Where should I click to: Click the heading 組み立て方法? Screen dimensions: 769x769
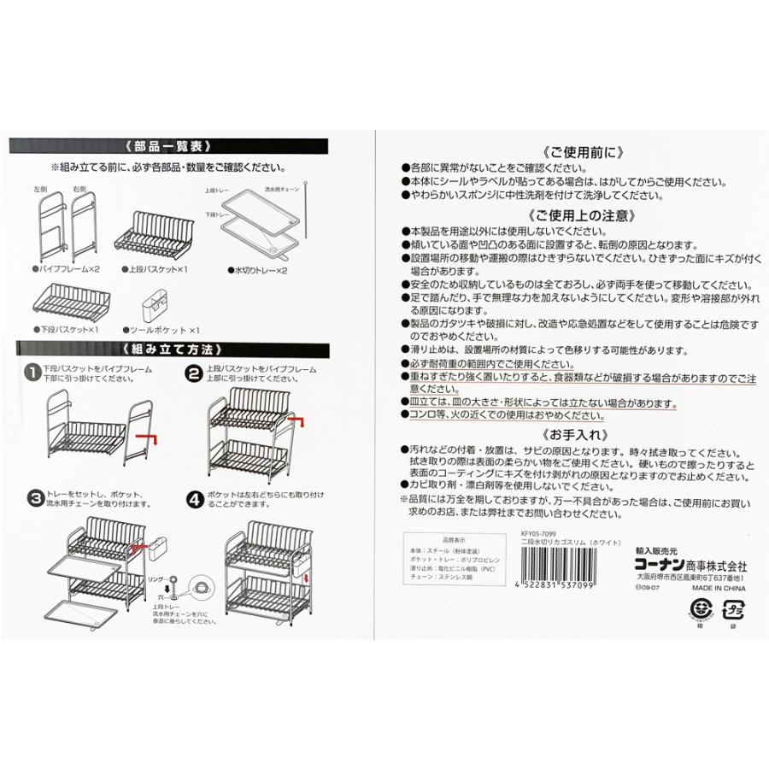(172, 349)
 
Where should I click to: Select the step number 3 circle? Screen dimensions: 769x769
(31, 496)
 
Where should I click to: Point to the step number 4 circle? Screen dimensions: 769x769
(195, 496)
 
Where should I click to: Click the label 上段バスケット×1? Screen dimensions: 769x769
(159, 267)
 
